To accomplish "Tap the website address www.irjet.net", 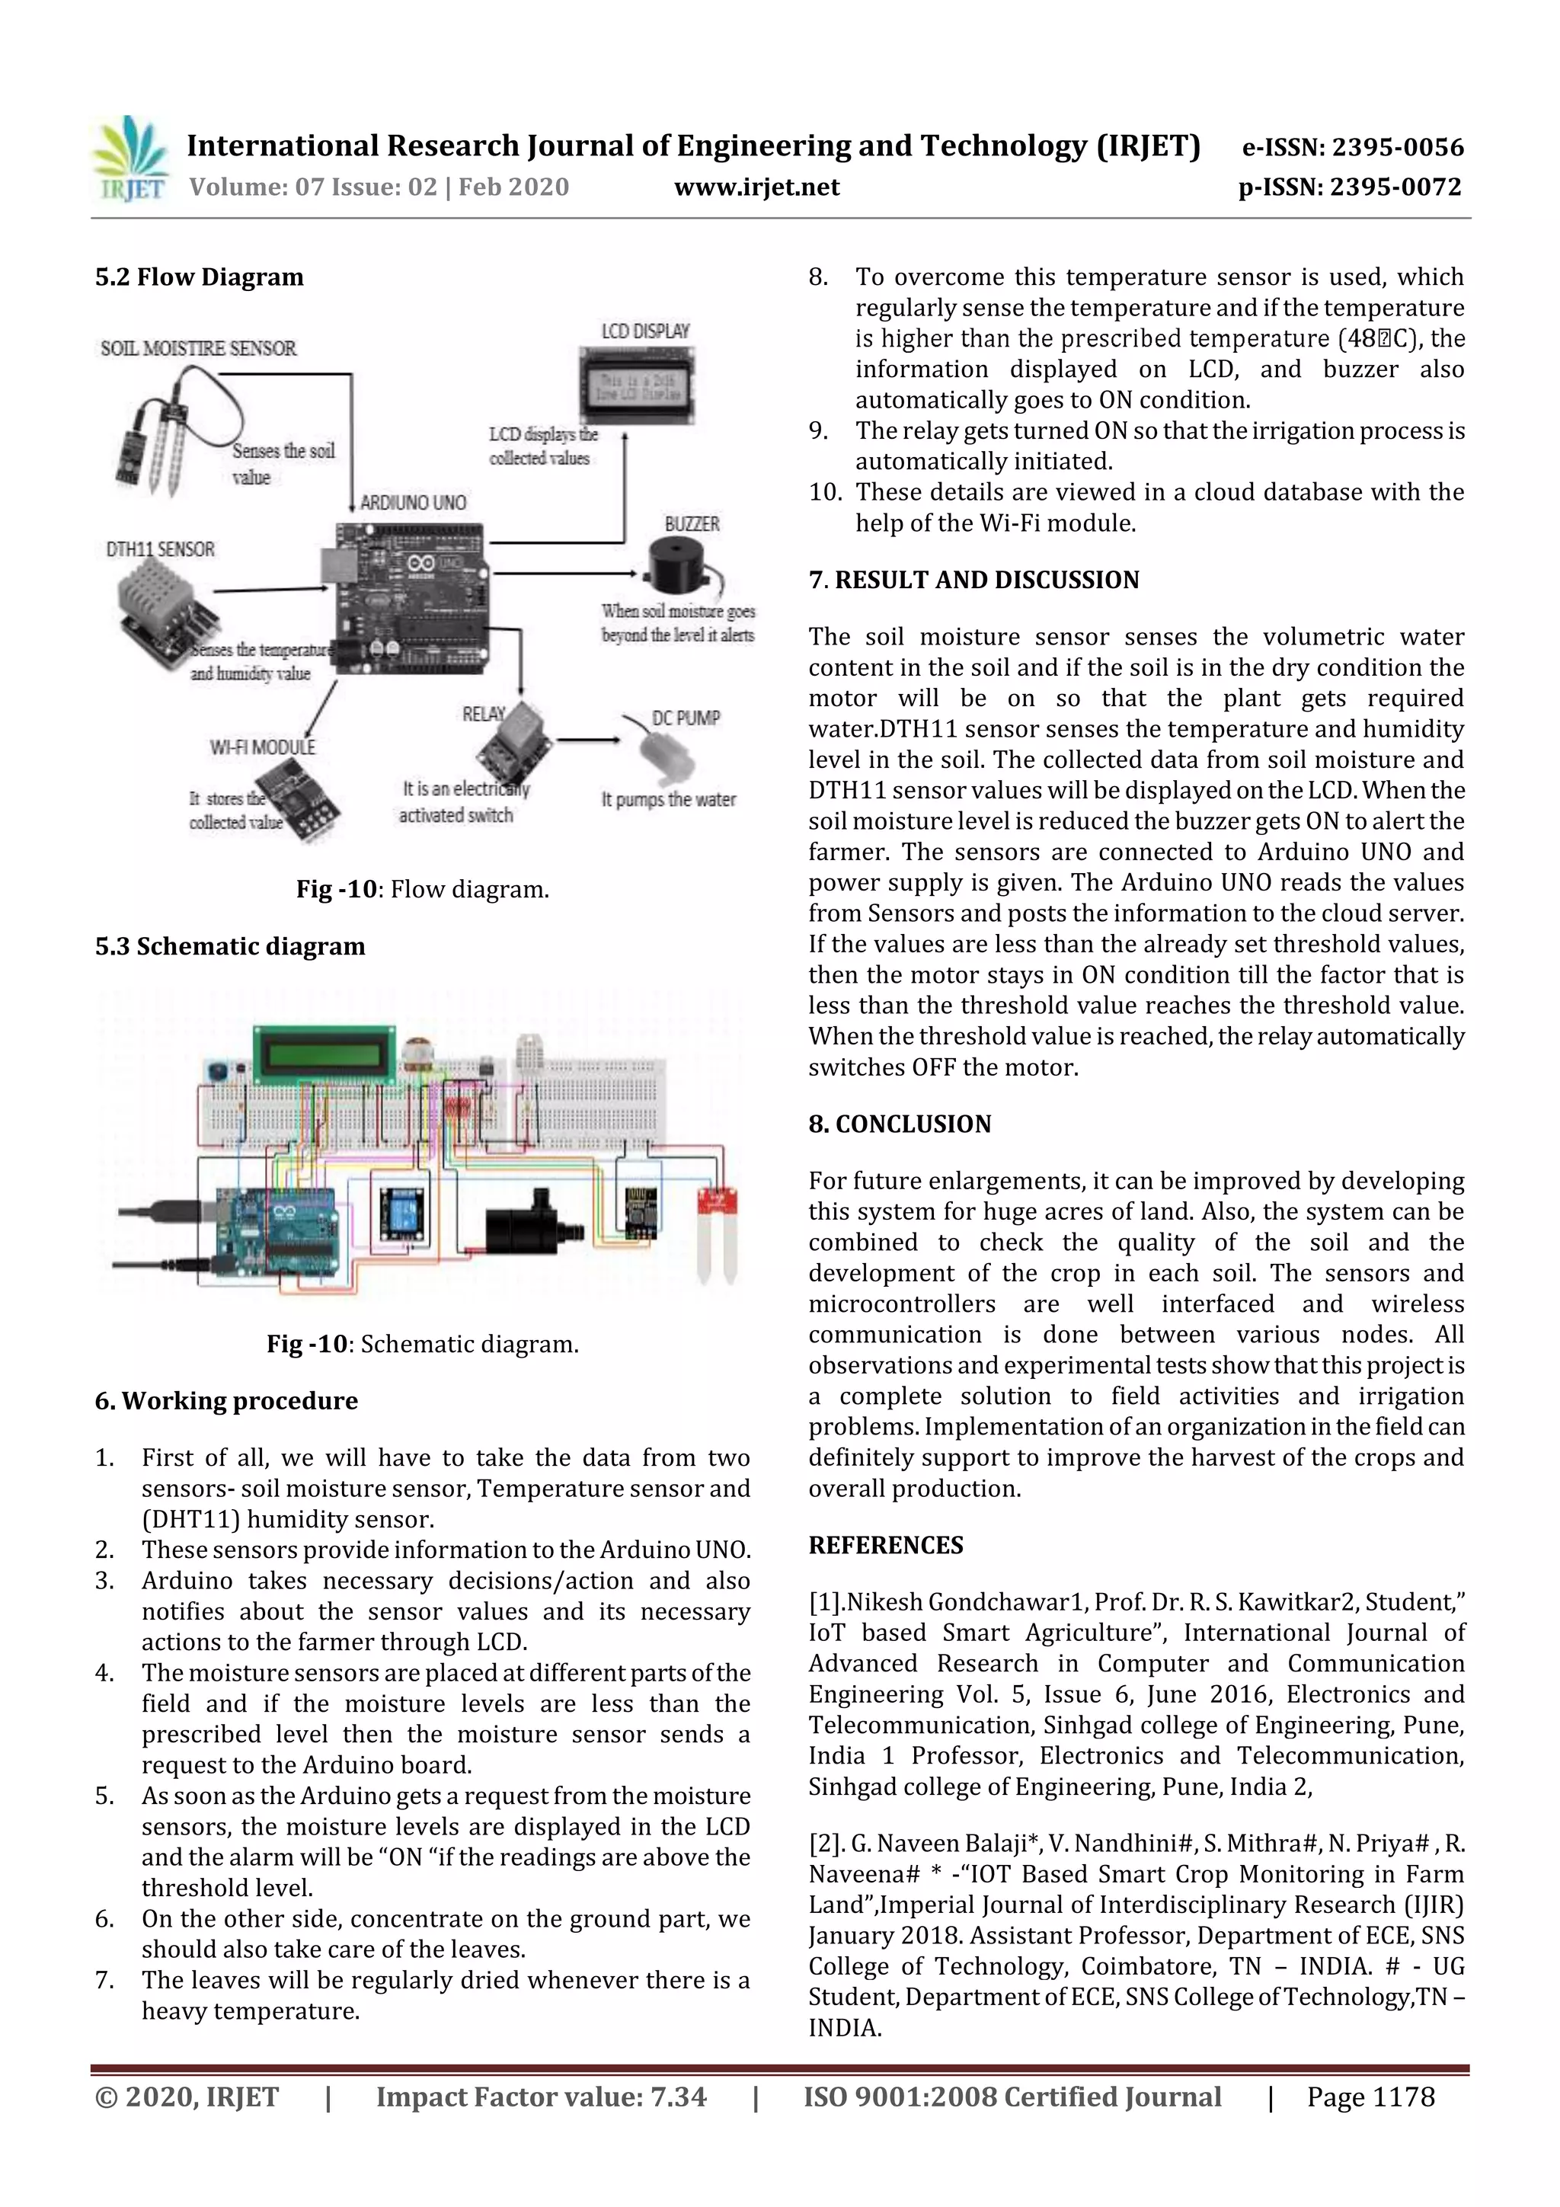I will point(756,187).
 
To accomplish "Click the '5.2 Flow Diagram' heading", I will point(199,277).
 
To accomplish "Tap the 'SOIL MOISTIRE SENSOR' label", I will point(198,348).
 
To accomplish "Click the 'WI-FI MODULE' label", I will point(262,747).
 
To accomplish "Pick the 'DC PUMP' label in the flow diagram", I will point(686,718).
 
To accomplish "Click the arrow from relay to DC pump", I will point(588,740).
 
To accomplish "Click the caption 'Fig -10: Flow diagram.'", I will point(422,889).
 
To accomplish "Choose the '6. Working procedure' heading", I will point(226,1400).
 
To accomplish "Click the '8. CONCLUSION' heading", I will point(899,1124).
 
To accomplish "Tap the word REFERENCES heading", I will point(885,1545).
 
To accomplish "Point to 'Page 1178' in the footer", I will point(1370,2097).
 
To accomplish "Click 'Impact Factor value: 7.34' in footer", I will point(541,2097).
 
